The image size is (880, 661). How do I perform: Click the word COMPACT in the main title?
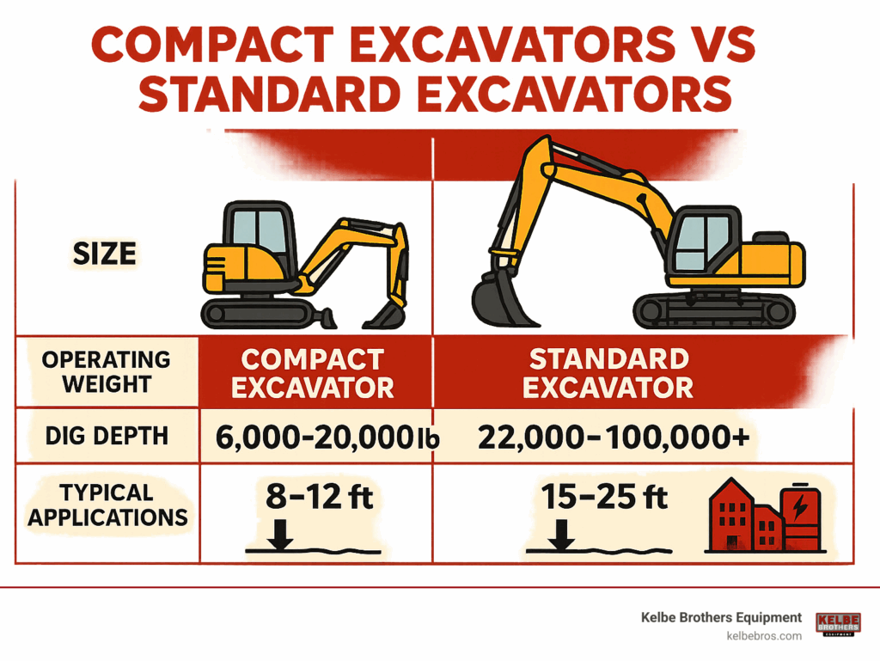(x=213, y=45)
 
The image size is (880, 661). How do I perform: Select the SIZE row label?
(x=104, y=254)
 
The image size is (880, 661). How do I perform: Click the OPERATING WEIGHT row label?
(x=106, y=371)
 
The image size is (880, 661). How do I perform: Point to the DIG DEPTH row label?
(x=107, y=436)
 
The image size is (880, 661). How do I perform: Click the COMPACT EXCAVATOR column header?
(x=313, y=374)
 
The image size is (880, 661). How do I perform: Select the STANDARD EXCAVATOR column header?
(x=608, y=373)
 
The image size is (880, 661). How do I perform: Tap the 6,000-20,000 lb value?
(x=327, y=438)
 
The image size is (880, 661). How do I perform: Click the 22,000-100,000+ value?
(x=614, y=438)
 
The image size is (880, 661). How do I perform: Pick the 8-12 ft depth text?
(x=320, y=497)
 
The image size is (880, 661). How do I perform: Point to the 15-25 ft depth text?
(x=604, y=497)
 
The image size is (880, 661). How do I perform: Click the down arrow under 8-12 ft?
(x=280, y=534)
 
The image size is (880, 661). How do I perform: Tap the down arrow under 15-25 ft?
(x=560, y=534)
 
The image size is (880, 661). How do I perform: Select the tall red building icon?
(x=731, y=515)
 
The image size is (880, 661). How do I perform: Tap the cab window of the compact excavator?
(x=260, y=230)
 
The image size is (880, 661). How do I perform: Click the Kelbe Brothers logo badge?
(x=839, y=624)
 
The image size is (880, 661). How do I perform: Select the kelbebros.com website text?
(x=764, y=636)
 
